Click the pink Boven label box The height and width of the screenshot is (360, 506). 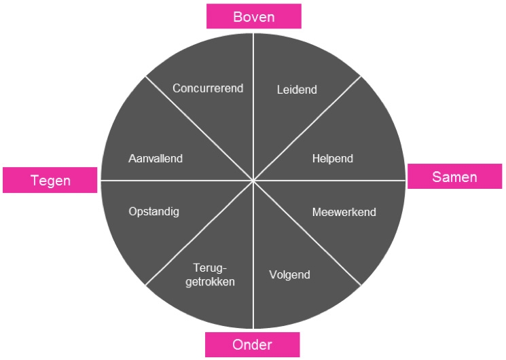coord(253,16)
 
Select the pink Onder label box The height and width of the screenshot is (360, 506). coord(252,344)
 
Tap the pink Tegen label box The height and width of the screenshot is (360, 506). coord(50,180)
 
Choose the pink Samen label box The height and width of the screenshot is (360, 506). coord(454,177)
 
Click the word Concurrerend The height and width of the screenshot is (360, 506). coord(208,88)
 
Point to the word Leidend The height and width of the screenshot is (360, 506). coord(297,90)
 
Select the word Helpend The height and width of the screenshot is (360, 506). coord(333,159)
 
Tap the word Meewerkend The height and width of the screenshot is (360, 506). coord(344,212)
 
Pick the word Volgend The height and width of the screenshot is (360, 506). coord(289,275)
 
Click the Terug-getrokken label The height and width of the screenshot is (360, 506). coord(210,275)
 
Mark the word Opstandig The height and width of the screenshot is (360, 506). coord(153,212)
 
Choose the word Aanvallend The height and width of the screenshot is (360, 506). coord(156,159)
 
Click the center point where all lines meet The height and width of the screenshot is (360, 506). coord(253,181)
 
